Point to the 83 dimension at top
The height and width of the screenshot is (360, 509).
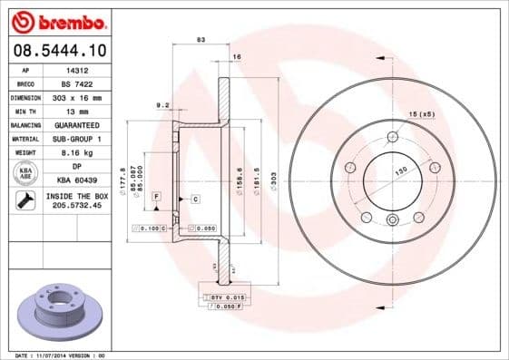[201, 40]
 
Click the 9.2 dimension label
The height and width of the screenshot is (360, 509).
[163, 105]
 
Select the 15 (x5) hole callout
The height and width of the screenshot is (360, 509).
[420, 115]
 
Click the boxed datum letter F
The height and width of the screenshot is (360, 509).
[157, 196]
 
